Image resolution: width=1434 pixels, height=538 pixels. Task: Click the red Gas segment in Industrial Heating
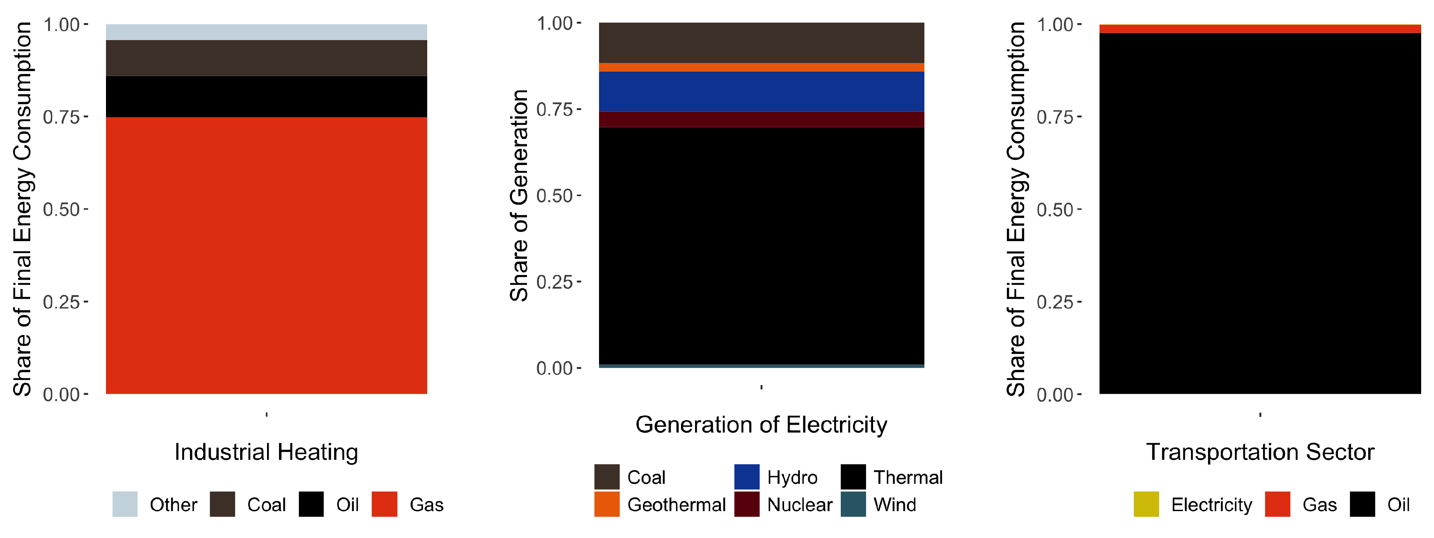[x=266, y=256]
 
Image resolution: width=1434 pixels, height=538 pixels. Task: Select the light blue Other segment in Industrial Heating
[x=266, y=32]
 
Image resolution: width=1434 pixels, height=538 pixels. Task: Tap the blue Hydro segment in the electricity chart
[x=761, y=91]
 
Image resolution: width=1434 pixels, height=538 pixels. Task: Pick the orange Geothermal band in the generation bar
[x=761, y=67]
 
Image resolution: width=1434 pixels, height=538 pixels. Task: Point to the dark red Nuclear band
[x=761, y=120]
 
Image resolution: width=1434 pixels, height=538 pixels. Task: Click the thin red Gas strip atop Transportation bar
[x=1260, y=29]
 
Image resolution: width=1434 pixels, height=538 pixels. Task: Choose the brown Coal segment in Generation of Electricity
[x=761, y=43]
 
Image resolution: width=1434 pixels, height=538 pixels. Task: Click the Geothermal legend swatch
[x=606, y=504]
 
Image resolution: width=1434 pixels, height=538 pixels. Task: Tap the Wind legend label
[x=895, y=505]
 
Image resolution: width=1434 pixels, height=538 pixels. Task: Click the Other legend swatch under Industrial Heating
[x=125, y=504]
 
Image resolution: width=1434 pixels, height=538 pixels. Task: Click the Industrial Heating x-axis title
[x=266, y=452]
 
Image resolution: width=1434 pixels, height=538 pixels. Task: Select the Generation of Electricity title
[x=761, y=425]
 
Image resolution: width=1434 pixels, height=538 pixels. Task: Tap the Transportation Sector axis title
[x=1260, y=452]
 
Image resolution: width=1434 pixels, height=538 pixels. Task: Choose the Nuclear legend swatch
[x=746, y=504]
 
